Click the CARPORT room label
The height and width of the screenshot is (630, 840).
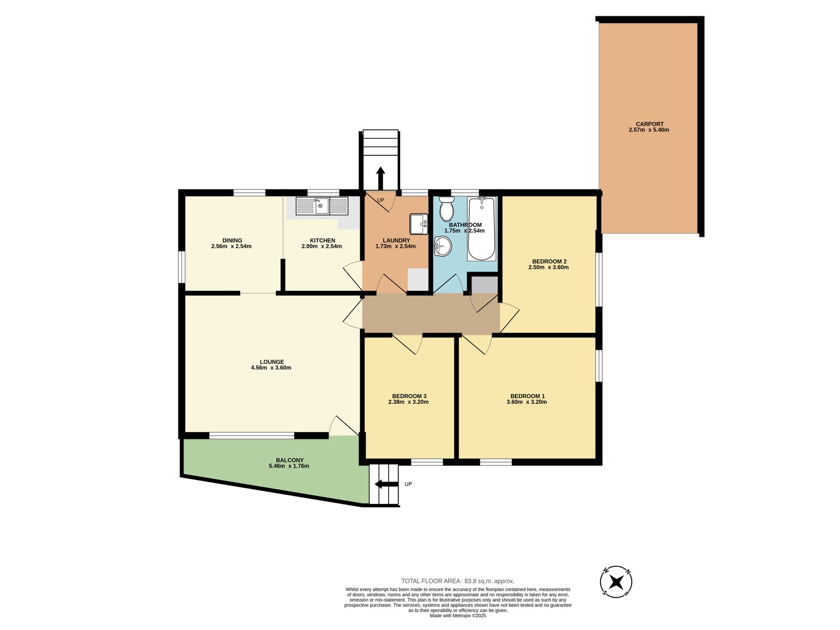click(649, 124)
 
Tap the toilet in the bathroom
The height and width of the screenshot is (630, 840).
click(446, 209)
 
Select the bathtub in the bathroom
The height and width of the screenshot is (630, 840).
click(481, 229)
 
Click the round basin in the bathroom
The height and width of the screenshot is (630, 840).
click(443, 246)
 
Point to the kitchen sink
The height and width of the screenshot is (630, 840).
click(321, 206)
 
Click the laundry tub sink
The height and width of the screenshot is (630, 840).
click(418, 224)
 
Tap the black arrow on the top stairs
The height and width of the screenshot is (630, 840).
click(380, 178)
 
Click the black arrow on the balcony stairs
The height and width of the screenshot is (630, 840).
click(386, 484)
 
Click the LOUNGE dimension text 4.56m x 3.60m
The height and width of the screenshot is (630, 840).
click(271, 367)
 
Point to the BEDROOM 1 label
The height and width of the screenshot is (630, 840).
click(527, 396)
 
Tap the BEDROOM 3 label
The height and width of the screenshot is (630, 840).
click(409, 396)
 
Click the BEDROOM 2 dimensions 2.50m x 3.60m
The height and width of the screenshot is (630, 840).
click(549, 267)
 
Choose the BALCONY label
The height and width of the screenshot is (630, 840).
click(290, 460)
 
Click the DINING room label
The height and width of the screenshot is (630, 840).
click(232, 240)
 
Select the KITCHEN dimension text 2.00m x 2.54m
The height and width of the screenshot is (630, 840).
click(321, 246)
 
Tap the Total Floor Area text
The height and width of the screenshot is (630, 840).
click(458, 581)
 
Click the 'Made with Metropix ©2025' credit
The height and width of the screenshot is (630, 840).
click(458, 616)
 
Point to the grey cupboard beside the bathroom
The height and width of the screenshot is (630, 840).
click(484, 285)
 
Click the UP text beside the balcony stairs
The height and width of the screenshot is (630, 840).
click(408, 484)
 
